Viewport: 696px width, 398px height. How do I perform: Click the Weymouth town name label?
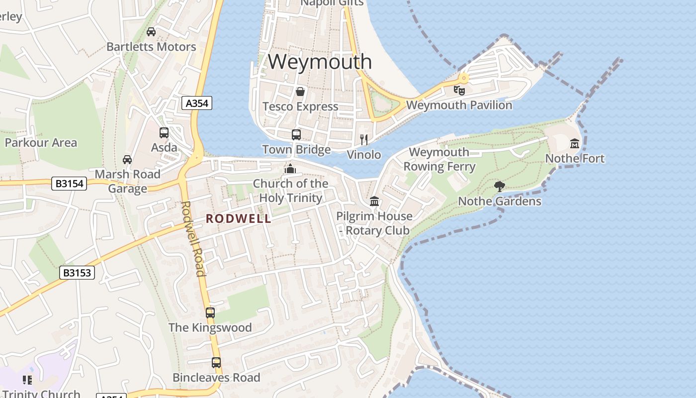coord(320,62)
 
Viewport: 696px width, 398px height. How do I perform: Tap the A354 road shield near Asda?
coord(197,103)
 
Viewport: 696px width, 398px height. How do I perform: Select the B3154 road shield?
coord(69,184)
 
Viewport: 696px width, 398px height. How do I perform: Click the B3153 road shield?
coord(77,273)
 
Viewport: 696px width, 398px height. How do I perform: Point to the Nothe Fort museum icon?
coord(575,144)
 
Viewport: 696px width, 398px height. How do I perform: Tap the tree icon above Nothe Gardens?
coord(500,187)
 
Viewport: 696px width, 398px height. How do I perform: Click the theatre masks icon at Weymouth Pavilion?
coord(459,91)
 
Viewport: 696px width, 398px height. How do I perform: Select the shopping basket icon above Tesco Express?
coord(300,92)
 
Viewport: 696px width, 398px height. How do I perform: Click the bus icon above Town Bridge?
coord(296,135)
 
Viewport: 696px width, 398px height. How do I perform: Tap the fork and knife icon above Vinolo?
coord(364,140)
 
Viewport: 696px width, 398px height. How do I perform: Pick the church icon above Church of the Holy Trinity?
coord(290,169)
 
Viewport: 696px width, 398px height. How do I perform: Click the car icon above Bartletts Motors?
coord(151,32)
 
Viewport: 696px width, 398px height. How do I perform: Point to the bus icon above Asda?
coord(164,133)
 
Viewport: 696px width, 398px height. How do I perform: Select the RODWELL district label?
coord(239,218)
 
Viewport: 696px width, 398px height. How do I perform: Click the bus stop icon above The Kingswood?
coord(210,313)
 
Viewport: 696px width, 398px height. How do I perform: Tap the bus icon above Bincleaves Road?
coord(216,363)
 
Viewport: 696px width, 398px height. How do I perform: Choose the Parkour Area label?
coord(41,143)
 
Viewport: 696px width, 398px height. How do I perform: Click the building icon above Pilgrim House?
coord(374,201)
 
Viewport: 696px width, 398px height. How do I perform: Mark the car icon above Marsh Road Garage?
coord(127,160)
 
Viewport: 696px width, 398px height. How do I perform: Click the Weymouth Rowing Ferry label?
coord(439,159)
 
